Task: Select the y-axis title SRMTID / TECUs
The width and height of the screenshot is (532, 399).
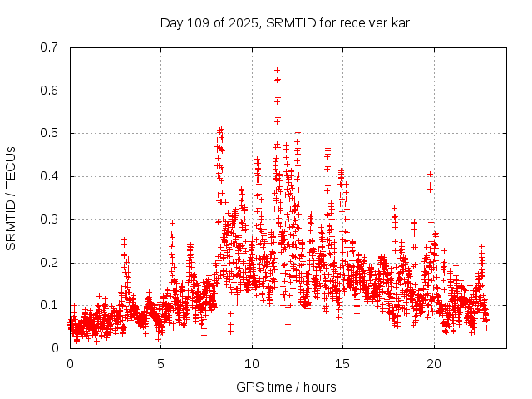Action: coord(12,198)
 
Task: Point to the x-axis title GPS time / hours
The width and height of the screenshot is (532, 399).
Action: coord(285,387)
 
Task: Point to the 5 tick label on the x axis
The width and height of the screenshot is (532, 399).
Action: coord(161,363)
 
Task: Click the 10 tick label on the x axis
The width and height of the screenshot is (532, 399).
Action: coord(252,363)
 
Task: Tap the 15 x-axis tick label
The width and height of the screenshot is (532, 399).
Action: coord(342,363)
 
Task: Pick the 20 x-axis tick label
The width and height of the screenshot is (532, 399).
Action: coord(434,363)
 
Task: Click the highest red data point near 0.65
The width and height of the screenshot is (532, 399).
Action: coord(277,71)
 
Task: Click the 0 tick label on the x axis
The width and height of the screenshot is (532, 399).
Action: coord(70,363)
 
